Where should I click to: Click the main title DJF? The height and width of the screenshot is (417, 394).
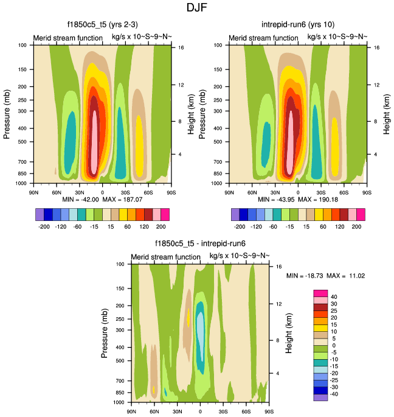pos(196,8)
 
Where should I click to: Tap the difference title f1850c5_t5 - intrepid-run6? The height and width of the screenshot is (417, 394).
pos(200,244)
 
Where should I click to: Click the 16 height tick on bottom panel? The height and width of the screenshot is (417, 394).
pos(278,266)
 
